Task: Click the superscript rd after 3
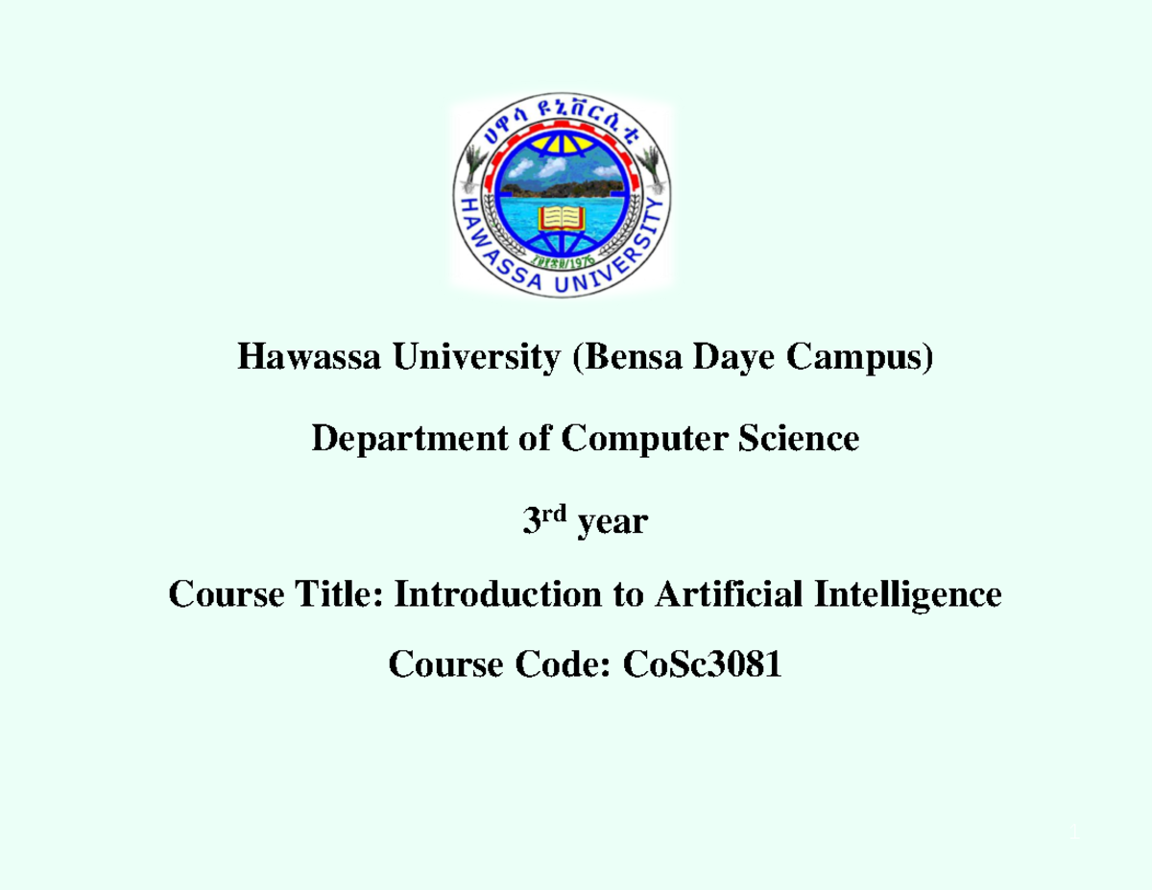click(558, 516)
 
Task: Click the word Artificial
click(729, 595)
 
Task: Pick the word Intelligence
click(908, 595)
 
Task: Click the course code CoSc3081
click(702, 663)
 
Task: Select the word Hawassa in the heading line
click(302, 359)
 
